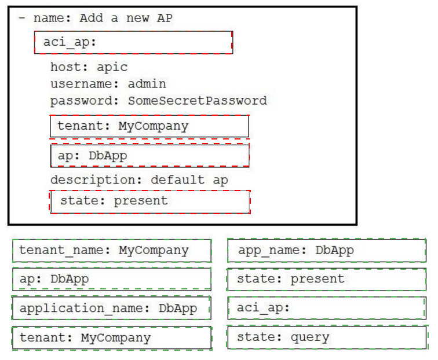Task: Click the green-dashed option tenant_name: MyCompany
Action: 112,251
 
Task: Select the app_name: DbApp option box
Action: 327,251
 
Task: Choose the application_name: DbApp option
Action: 111,308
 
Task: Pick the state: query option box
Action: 327,337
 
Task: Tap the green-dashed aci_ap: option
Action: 327,308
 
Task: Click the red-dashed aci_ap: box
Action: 133,42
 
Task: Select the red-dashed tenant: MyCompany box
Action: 149,126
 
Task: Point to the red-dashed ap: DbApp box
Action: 149,156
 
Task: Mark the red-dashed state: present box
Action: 150,202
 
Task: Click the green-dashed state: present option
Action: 327,280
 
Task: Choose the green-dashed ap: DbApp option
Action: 112,279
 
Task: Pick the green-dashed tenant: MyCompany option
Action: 112,338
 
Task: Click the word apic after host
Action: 112,67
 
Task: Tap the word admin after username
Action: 147,84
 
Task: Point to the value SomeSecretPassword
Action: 197,101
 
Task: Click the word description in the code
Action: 96,180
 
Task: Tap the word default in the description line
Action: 178,180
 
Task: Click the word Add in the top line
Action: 92,18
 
